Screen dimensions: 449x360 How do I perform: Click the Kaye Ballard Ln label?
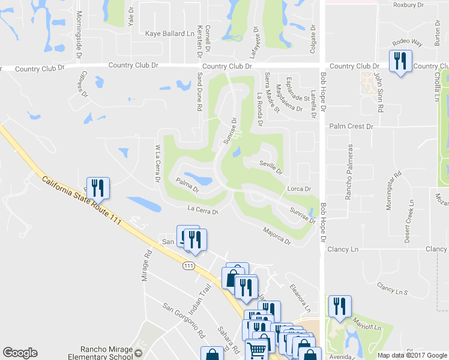[x=171, y=34]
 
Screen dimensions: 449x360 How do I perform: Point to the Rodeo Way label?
[x=408, y=43]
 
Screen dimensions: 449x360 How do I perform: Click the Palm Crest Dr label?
[x=352, y=127]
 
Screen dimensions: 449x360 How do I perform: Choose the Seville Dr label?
[x=271, y=167]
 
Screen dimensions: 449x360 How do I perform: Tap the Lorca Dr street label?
[x=298, y=189]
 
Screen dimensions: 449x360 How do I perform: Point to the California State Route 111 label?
[x=82, y=200]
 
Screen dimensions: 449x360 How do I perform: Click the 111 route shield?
[x=190, y=265]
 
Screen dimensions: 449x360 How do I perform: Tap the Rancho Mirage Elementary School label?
[x=107, y=353]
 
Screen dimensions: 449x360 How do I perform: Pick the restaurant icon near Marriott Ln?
[x=340, y=307]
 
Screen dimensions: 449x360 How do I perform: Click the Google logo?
[x=20, y=353]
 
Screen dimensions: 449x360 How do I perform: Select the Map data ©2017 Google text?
[x=412, y=355]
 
